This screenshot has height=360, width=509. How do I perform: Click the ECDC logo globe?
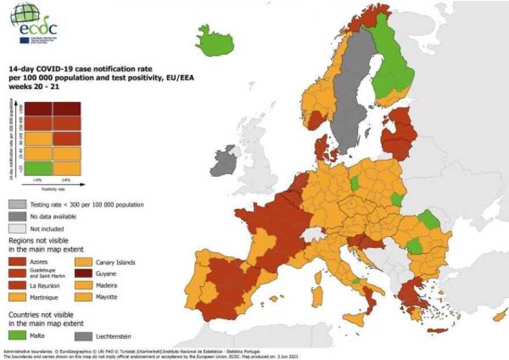pyautogui.click(x=25, y=14)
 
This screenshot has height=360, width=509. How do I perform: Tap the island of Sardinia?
pyautogui.click(x=317, y=296)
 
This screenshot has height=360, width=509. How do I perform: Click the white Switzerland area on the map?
pyautogui.click(x=313, y=234)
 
